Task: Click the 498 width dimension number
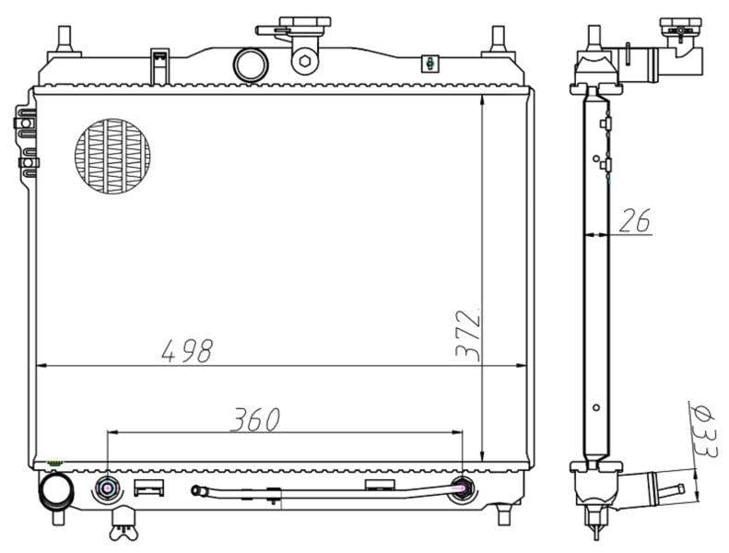[x=187, y=350]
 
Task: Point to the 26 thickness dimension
[x=633, y=220]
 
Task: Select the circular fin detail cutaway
[x=112, y=156]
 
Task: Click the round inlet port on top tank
[x=250, y=65]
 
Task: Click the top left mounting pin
[x=65, y=39]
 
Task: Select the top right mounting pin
[x=499, y=39]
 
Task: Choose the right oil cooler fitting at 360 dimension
[x=464, y=488]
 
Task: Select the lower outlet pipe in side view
[x=662, y=486]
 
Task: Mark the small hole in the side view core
[x=596, y=406]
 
